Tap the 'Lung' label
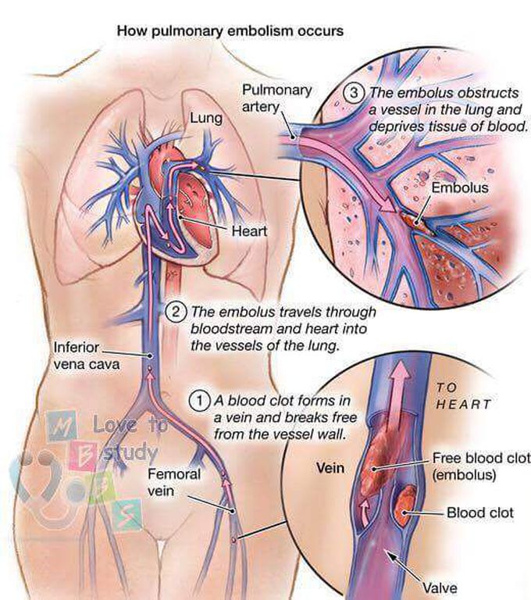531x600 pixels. pyautogui.click(x=207, y=119)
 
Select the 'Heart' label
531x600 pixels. pyautogui.click(x=249, y=231)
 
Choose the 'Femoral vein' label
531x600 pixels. pyautogui.click(x=174, y=482)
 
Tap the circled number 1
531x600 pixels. pyautogui.click(x=200, y=400)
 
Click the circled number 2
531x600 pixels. pyautogui.click(x=176, y=312)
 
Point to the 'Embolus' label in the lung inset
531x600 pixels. pyautogui.click(x=460, y=187)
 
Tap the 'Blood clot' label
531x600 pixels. pyautogui.click(x=479, y=513)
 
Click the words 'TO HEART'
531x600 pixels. pyautogui.click(x=464, y=396)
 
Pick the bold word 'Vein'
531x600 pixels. pyautogui.click(x=330, y=470)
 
